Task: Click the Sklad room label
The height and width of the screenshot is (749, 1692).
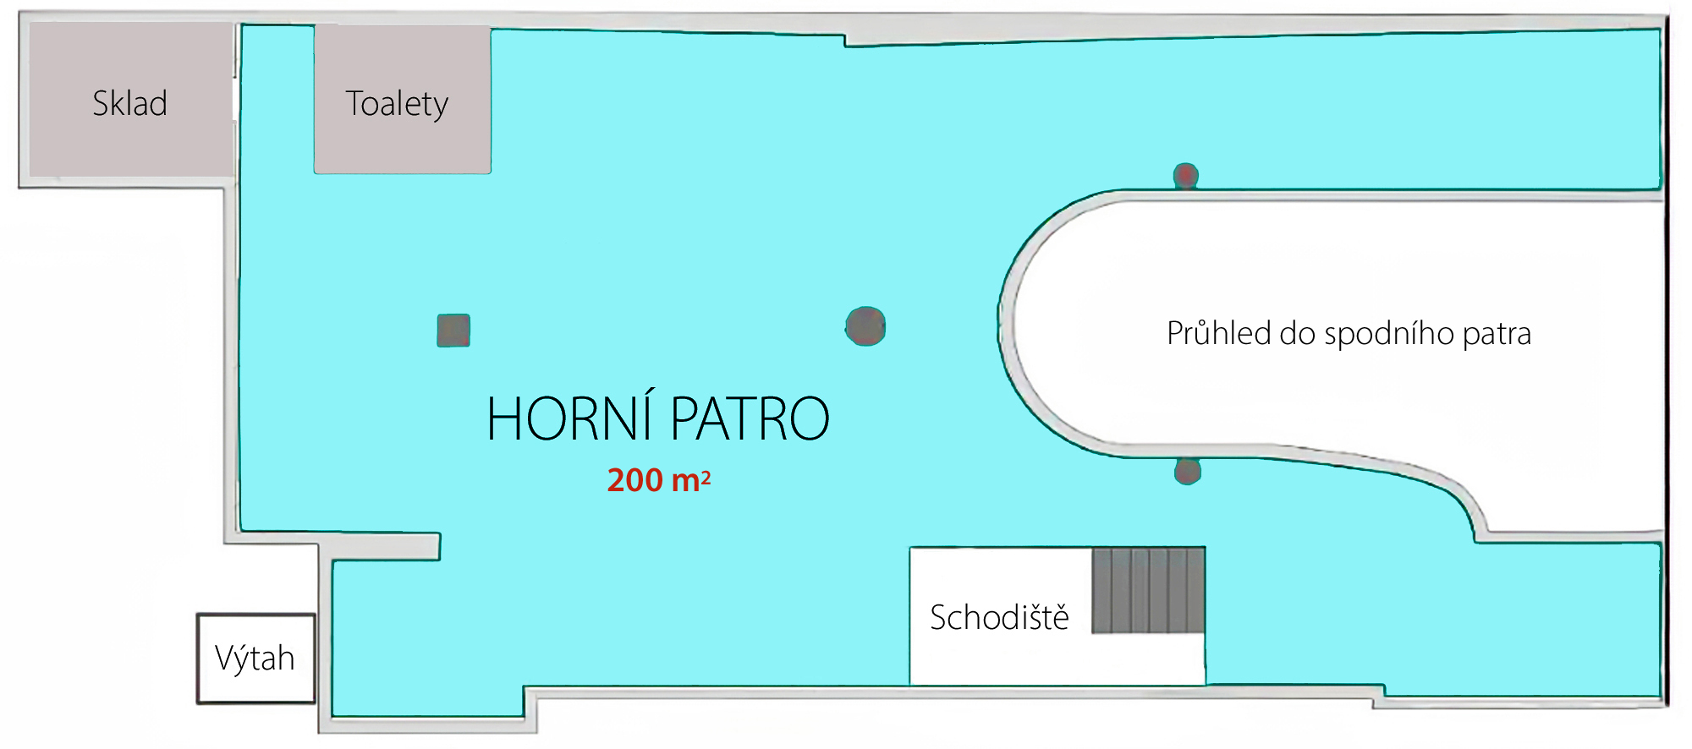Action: (129, 103)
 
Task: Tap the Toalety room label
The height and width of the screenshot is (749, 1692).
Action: (397, 104)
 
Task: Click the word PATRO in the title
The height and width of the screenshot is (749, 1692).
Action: (750, 418)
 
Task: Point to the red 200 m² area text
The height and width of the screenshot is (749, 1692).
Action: (659, 480)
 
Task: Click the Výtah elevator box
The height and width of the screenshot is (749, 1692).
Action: (255, 659)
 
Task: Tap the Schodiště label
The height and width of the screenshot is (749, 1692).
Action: (999, 617)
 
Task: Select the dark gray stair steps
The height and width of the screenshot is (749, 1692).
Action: (1148, 590)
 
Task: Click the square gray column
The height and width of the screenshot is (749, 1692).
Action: (453, 331)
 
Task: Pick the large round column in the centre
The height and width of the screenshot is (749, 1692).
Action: (865, 326)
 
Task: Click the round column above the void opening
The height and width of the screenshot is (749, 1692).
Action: (1186, 175)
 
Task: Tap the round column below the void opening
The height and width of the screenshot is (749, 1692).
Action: (1188, 471)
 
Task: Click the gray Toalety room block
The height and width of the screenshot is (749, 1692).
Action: (403, 100)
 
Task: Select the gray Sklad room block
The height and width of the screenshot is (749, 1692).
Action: (131, 100)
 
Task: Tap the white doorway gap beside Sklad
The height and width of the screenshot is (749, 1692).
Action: (235, 99)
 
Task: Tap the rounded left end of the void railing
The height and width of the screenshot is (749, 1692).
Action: (1007, 325)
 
